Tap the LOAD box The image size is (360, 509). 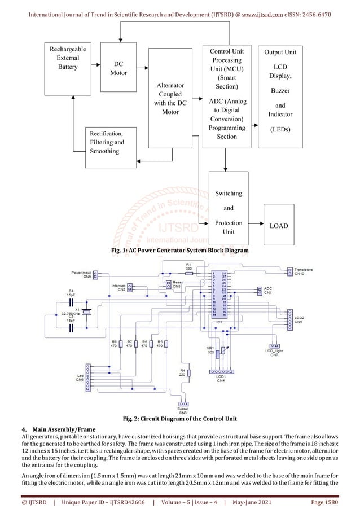279,226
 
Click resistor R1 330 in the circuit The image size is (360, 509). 188,273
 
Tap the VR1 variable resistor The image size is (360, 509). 224,352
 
